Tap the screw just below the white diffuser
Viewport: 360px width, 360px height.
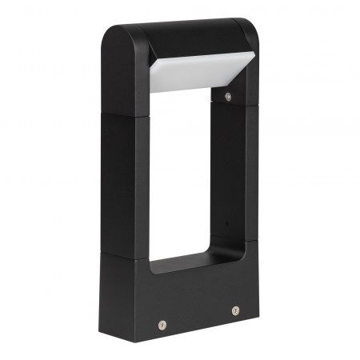pos(228,96)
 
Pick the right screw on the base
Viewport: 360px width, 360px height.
pos(235,310)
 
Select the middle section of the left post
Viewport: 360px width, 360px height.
pos(125,184)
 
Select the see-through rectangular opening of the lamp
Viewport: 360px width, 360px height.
pos(188,176)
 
